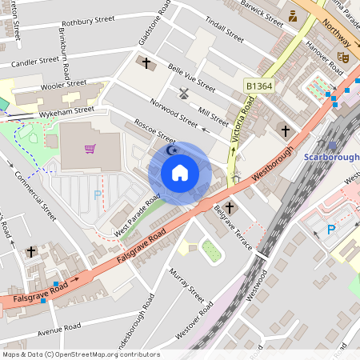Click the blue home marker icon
tap(180, 173)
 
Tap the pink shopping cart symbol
tap(90, 149)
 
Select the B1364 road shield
tap(259, 85)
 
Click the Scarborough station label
tap(331, 157)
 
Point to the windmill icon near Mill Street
tap(184, 92)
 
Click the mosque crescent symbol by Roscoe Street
tap(170, 150)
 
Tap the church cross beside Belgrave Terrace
tap(230, 208)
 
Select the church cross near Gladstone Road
tap(146, 62)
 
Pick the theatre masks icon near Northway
tap(342, 58)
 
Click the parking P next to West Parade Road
tap(98, 194)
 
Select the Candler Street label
tap(34, 61)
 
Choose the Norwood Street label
tap(174, 113)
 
